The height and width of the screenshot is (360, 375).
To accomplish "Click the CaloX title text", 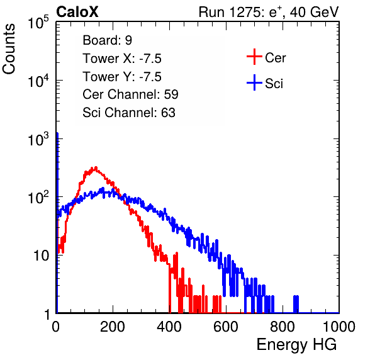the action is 77,12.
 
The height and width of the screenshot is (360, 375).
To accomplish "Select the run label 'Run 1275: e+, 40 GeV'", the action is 269,12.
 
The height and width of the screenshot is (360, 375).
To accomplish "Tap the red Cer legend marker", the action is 254,57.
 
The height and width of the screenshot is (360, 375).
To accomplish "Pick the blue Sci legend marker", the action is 254,82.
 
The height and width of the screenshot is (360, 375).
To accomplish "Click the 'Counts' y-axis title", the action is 9,49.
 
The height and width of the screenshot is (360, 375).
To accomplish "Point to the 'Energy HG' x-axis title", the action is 296,345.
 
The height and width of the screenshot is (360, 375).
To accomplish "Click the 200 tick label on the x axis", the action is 112,327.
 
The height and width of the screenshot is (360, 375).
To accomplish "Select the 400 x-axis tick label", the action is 169,327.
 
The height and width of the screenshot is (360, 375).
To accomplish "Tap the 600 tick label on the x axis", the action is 225,327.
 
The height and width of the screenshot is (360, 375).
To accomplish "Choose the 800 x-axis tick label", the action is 283,327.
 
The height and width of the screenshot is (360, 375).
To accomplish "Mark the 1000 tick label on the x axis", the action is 339,327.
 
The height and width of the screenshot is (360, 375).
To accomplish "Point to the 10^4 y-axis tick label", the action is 38,81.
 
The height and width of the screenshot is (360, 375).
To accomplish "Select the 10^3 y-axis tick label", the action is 38,139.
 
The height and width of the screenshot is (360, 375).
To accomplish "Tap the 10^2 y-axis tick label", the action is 38,198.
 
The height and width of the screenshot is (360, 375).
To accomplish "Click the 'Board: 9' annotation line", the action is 108,40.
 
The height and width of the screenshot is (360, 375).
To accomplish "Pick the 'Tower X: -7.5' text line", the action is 122,59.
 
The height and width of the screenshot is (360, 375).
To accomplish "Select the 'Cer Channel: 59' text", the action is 130,94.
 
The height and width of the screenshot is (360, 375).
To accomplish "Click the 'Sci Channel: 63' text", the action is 129,113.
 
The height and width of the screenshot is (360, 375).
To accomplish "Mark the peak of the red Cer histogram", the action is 96,167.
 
